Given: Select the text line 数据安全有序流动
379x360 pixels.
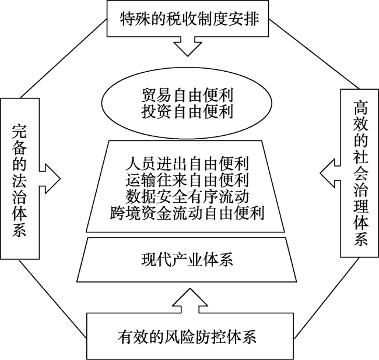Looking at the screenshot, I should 187,194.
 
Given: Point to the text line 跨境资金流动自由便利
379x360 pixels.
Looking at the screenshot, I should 187,211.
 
